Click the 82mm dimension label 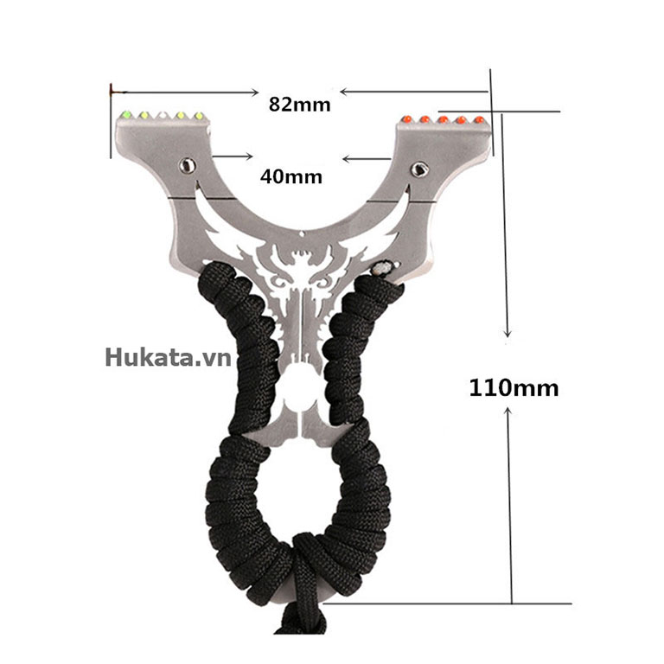pos(299,104)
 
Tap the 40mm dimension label pos(290,176)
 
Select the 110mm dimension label pos(514,388)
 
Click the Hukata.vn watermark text pos(168,358)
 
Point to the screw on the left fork pos(187,165)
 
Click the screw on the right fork pos(419,169)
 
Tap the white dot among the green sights pos(163,115)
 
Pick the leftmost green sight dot pos(125,114)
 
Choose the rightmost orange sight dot pos(479,120)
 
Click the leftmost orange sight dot pos(406,118)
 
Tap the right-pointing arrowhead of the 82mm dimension pos(254,93)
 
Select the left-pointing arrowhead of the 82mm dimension pos(345,92)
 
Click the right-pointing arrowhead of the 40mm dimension pos(249,156)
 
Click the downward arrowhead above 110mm pos(508,333)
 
